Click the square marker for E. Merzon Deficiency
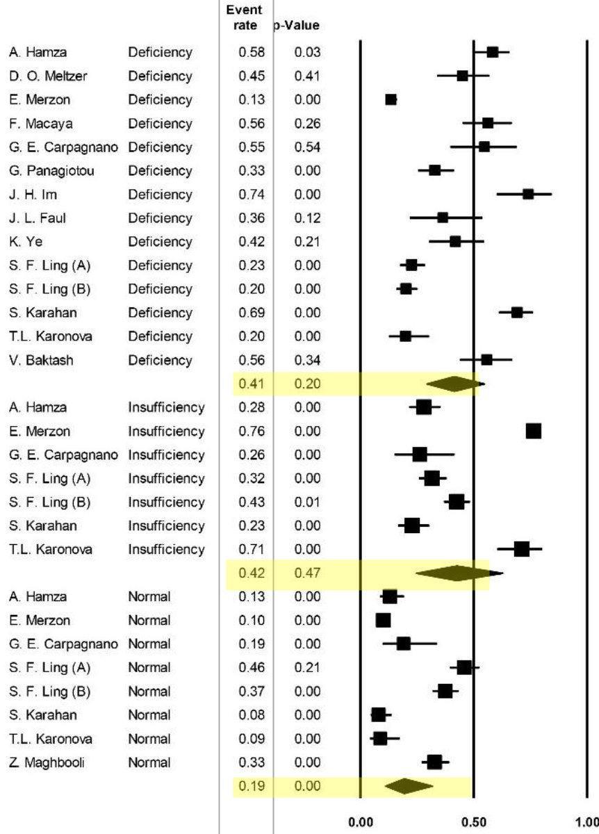pyautogui.click(x=391, y=99)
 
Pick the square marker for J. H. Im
pyautogui.click(x=528, y=194)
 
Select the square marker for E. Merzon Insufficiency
pyautogui.click(x=533, y=432)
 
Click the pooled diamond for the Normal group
pyautogui.click(x=408, y=786)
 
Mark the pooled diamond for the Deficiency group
pyautogui.click(x=453, y=384)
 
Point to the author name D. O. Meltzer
pyautogui.click(x=44, y=76)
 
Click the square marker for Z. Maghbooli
pyautogui.click(x=434, y=762)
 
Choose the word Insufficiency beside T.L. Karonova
pyautogui.click(x=166, y=550)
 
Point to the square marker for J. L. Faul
pyautogui.click(x=443, y=218)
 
